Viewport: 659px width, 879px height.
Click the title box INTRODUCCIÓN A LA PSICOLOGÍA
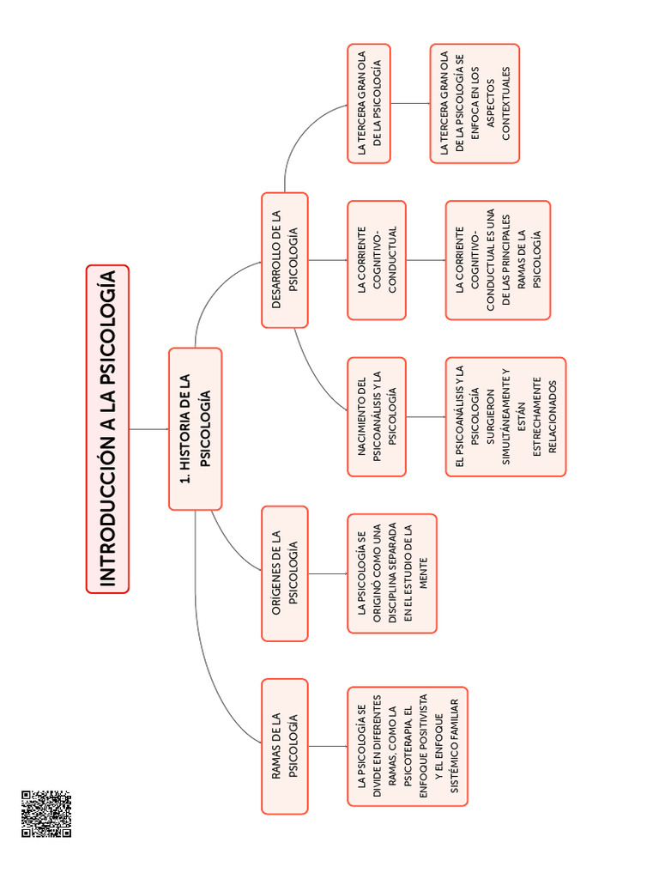pos(107,429)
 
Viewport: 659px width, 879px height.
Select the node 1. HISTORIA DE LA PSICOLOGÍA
pos(195,429)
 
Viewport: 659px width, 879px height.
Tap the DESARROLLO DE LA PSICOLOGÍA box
pos(284,259)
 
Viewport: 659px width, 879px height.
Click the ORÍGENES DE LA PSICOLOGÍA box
pos(284,573)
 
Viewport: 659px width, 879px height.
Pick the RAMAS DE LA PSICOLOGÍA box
pos(284,745)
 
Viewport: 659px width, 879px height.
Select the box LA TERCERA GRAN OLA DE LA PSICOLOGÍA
pos(369,103)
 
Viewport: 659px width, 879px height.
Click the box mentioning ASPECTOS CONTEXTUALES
pos(475,103)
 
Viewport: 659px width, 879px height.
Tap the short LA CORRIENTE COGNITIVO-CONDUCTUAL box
pos(377,259)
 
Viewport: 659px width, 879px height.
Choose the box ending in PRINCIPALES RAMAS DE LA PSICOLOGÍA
pos(498,259)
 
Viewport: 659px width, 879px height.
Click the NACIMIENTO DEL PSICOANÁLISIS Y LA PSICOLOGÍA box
pos(377,416)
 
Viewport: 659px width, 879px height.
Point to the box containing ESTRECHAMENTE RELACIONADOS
pos(505,416)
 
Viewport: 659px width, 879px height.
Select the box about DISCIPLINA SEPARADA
pos(391,573)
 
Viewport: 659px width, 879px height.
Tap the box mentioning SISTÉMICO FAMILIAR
pos(407,745)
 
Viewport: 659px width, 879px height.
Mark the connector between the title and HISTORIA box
pos(148,429)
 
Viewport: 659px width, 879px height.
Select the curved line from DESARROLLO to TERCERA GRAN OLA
pos(296,137)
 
